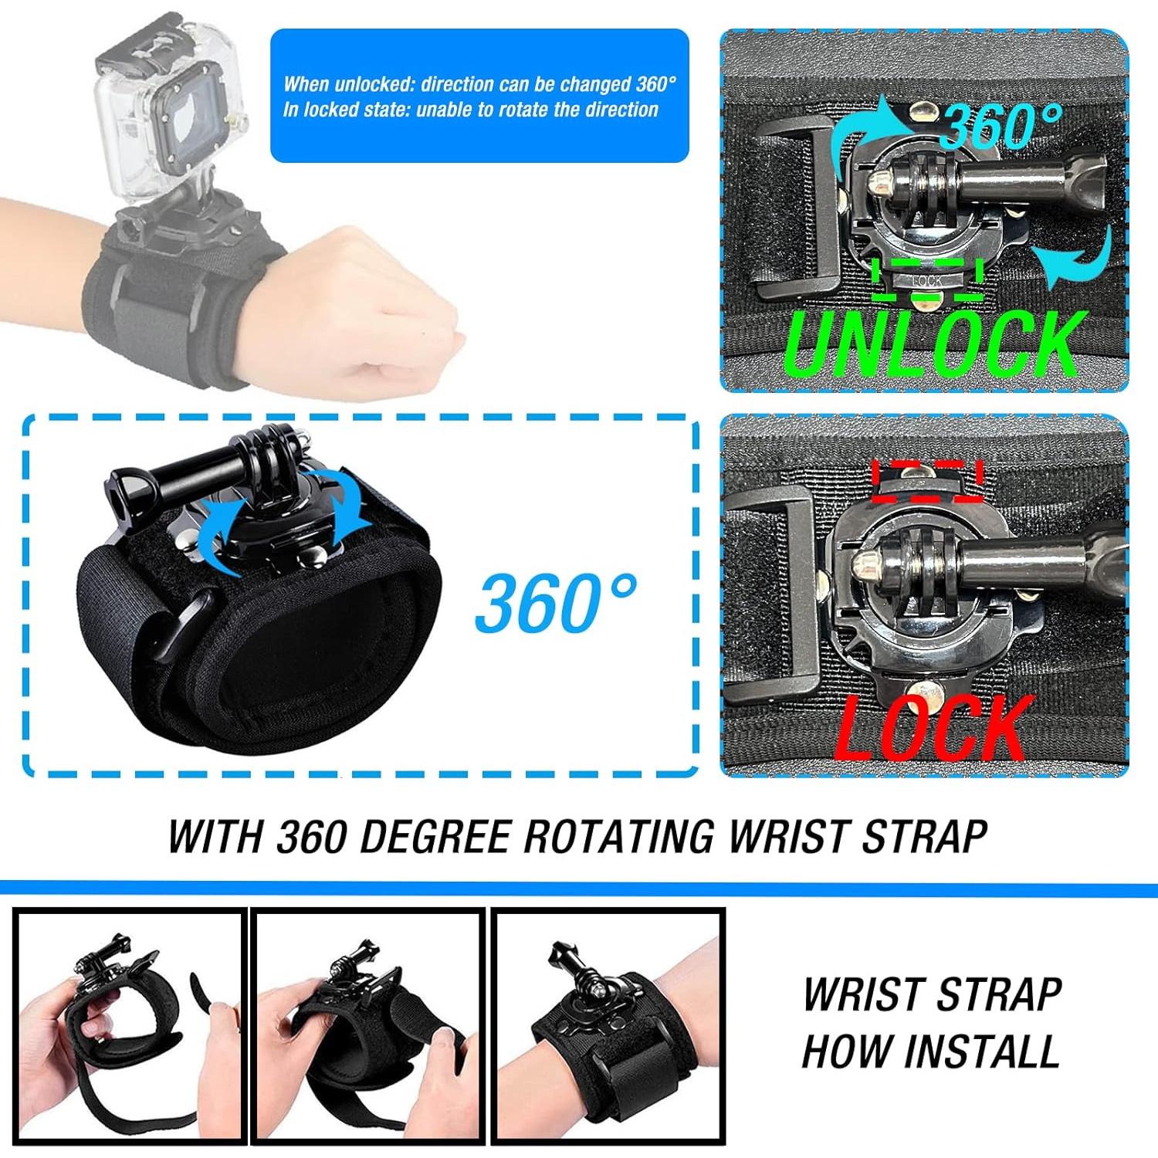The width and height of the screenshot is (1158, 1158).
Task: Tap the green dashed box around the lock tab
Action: [x=927, y=280]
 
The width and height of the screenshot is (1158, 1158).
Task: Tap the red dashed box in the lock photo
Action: [x=926, y=472]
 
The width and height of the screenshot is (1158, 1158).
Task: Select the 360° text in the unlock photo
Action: [x=1002, y=126]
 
